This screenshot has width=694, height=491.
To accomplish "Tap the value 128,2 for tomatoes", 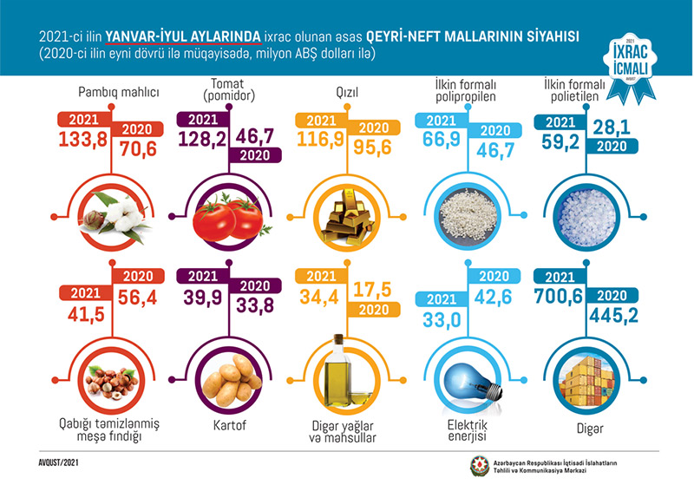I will [x=206, y=138].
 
